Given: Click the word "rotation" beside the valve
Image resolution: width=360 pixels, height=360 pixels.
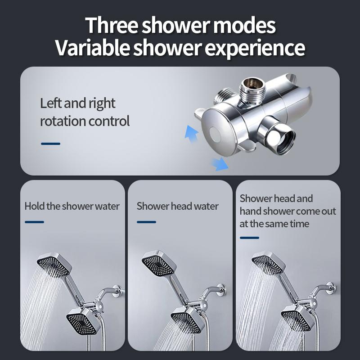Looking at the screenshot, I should click(62, 121).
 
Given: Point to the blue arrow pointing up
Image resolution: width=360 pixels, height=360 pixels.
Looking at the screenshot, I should click(192, 132).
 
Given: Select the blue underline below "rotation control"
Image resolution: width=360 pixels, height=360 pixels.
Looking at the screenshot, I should click(50, 144).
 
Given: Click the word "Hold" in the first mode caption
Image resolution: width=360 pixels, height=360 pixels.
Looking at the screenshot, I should click(35, 207).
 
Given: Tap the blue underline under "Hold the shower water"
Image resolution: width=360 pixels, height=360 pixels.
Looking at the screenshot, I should click(34, 222).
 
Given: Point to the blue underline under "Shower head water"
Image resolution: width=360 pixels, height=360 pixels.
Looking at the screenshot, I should click(146, 222).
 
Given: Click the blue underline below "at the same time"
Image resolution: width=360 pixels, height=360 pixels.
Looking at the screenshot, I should click(249, 238).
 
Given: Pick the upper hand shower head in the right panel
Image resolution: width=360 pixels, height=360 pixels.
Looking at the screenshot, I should click(267, 263).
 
